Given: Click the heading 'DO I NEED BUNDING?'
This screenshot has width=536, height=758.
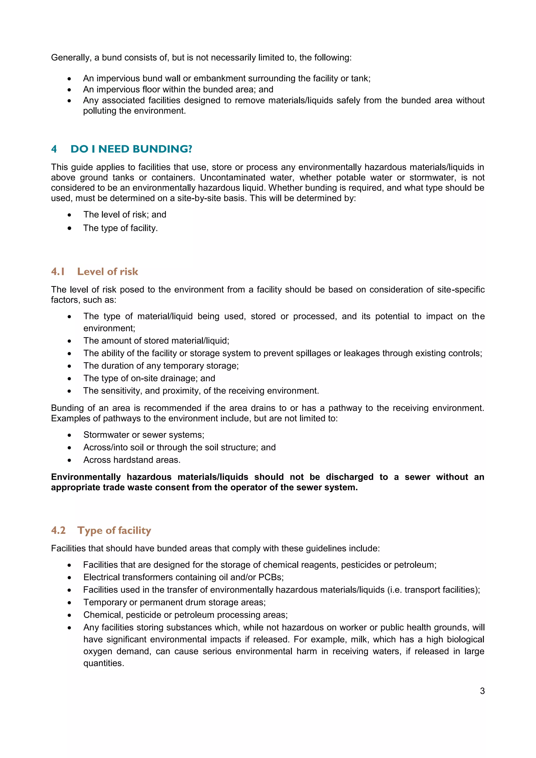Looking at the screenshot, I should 131,149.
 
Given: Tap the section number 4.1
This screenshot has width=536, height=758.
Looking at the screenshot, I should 58,271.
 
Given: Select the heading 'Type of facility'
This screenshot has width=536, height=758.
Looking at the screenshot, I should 114,530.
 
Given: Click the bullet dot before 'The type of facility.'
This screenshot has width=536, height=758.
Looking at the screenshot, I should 69,228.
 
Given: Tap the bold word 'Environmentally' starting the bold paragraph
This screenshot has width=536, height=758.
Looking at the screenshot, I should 86,477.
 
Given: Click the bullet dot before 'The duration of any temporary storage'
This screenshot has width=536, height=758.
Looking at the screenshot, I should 69,366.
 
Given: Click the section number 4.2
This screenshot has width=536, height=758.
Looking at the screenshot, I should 58,530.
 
